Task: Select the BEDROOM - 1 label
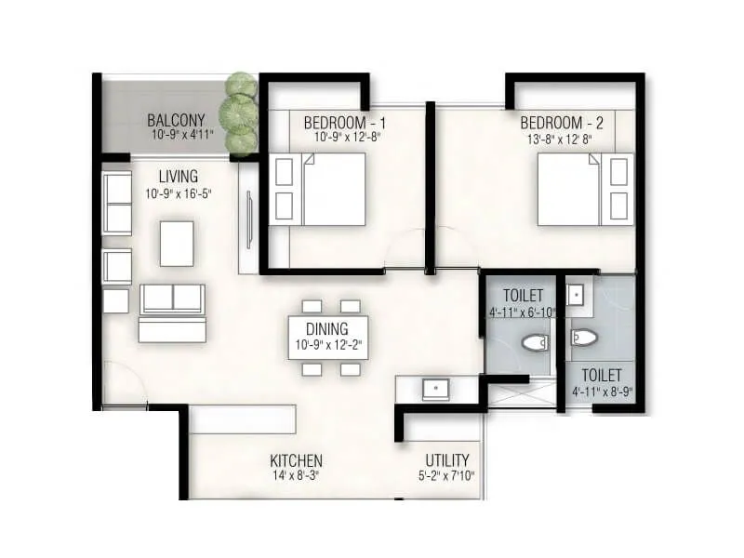pos(344,123)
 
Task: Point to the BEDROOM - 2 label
pos(562,123)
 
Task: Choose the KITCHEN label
pos(296,460)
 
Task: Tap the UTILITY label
pos(447,460)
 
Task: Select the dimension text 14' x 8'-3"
pos(296,477)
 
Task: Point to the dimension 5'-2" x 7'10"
pos(447,477)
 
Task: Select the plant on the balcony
pos(240,111)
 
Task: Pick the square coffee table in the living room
pos(176,243)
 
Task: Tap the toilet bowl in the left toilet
pos(534,345)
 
